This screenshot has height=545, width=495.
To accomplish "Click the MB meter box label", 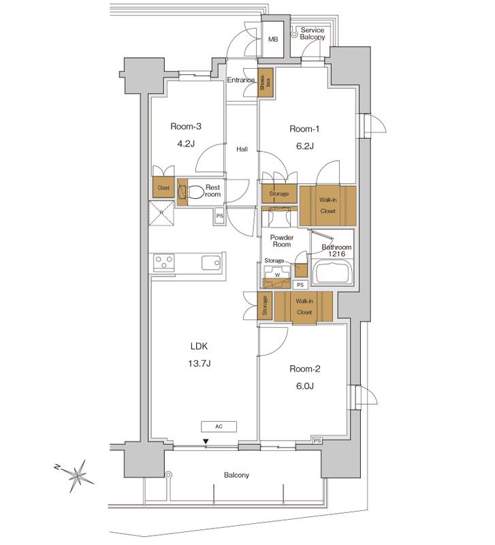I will [x=273, y=40].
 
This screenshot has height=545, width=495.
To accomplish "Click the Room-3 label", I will [x=187, y=126].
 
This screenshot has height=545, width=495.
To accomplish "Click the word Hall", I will [x=242, y=149].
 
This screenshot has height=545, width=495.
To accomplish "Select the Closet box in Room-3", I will [x=163, y=188].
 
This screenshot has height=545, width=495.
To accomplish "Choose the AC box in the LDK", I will [x=219, y=426].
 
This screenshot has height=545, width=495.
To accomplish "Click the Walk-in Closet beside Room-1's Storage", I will [x=328, y=205].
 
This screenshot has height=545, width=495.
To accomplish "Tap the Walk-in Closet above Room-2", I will [x=304, y=306].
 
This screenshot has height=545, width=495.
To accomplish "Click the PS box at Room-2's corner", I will [x=317, y=441].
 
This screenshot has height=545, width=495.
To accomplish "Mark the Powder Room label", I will [x=281, y=240].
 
